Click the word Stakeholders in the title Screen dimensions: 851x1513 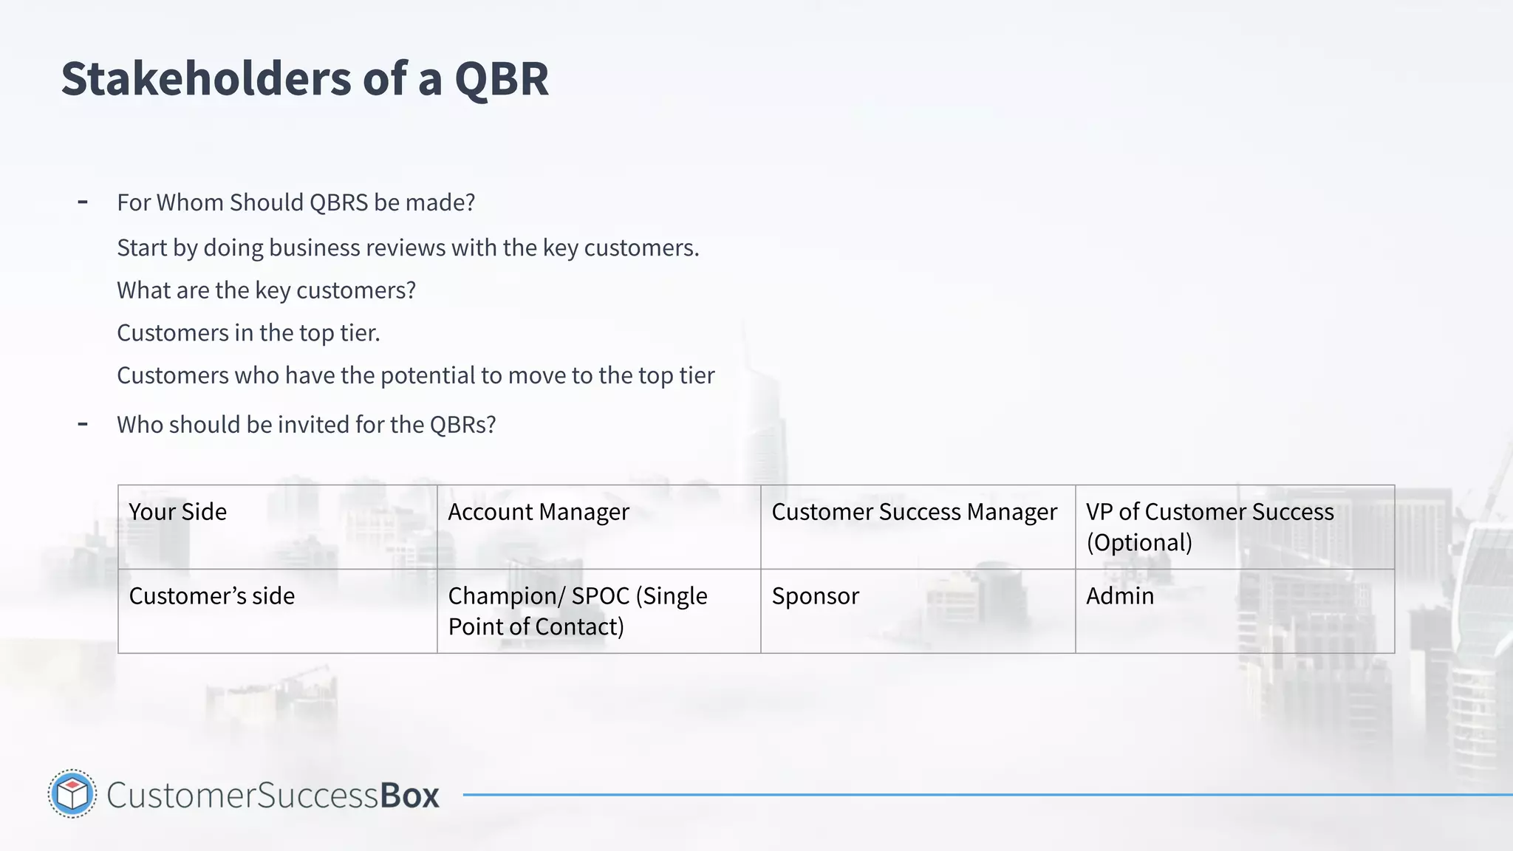click(206, 78)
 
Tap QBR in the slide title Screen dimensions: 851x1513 click(502, 78)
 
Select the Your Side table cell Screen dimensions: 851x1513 click(277, 527)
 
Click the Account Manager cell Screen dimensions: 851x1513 click(598, 527)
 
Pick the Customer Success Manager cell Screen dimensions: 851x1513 click(918, 527)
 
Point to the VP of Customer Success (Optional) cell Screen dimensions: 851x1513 click(1234, 527)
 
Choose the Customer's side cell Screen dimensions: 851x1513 click(277, 610)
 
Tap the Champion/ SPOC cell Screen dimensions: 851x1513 click(598, 610)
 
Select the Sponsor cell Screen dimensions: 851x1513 click(918, 610)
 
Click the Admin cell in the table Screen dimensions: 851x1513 click(1234, 610)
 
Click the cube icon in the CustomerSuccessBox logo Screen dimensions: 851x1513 click(72, 794)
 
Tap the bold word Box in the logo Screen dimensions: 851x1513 click(409, 796)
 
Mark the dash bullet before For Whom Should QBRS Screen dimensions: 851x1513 click(83, 202)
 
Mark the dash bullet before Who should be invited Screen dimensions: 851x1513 click(83, 424)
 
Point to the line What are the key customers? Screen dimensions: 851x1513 click(266, 290)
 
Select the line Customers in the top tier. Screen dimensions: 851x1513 click(248, 333)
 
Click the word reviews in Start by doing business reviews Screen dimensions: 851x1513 click(405, 248)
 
